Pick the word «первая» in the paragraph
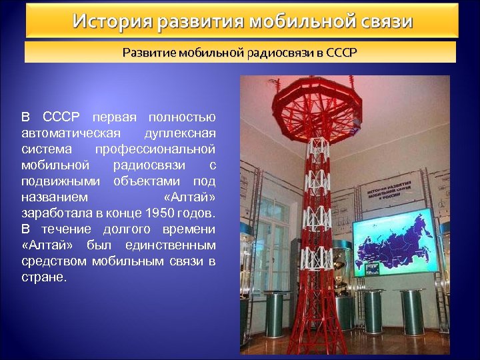tap(114, 117)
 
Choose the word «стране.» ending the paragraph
tap(44, 277)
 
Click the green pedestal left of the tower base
tap(274, 313)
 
